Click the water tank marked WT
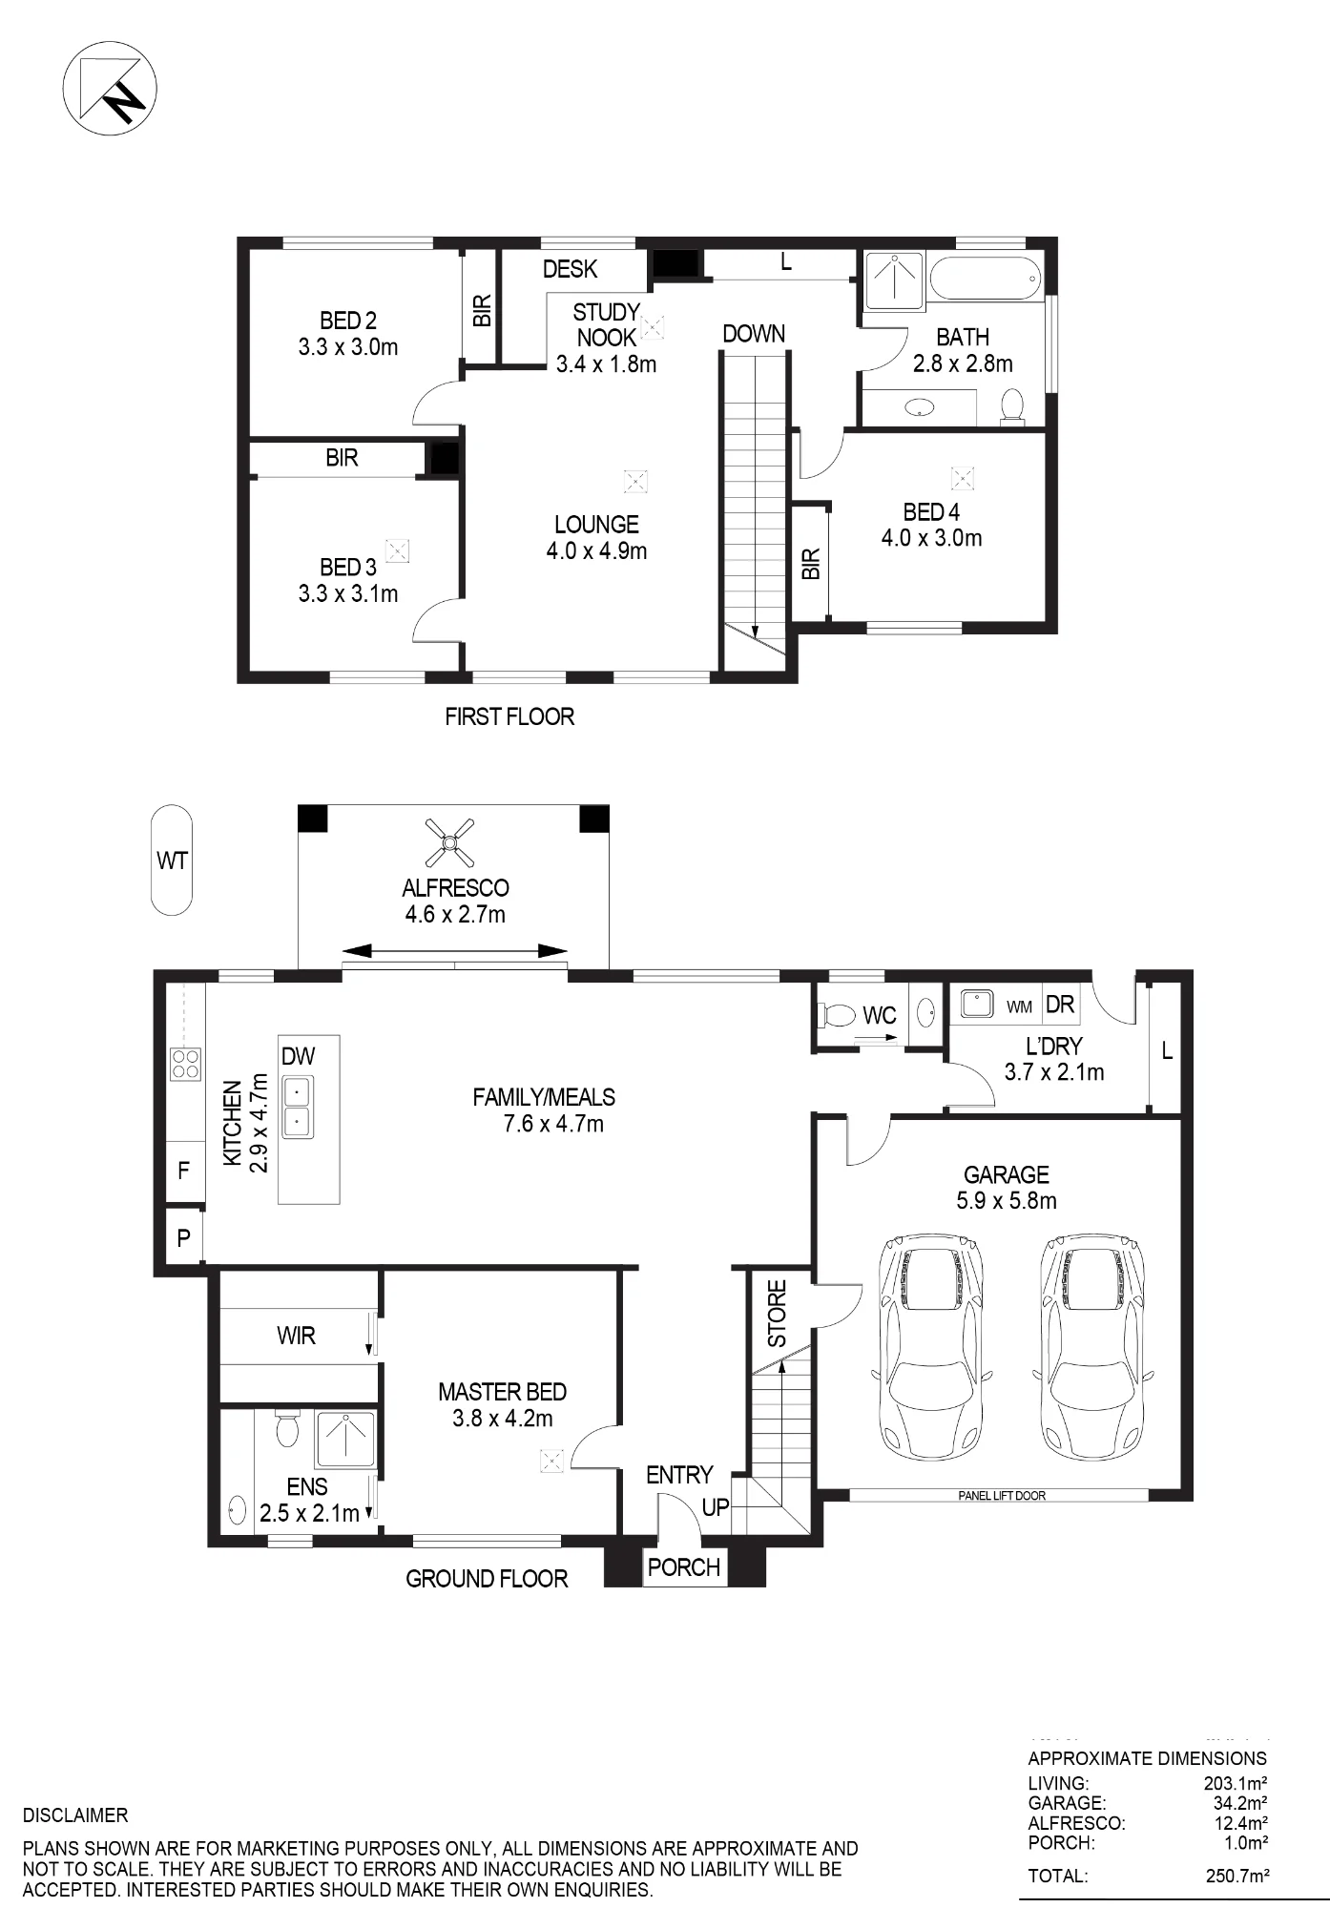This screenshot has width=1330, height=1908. click(x=172, y=861)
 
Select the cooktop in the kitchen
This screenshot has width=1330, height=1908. click(x=185, y=1063)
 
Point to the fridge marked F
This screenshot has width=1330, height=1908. click(x=184, y=1170)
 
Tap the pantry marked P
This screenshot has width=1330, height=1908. click(x=183, y=1237)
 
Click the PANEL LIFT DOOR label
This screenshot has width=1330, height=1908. click(x=1001, y=1495)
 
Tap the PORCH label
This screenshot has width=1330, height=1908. click(x=684, y=1566)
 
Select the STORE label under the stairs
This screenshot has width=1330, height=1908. click(x=778, y=1314)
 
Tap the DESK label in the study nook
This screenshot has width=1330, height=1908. click(x=570, y=269)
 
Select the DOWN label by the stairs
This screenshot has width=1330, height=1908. click(x=754, y=334)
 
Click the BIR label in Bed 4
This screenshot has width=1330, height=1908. click(x=811, y=564)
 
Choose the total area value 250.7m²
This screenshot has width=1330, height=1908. click(x=1237, y=1876)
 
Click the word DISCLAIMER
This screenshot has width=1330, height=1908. click(x=75, y=1815)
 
